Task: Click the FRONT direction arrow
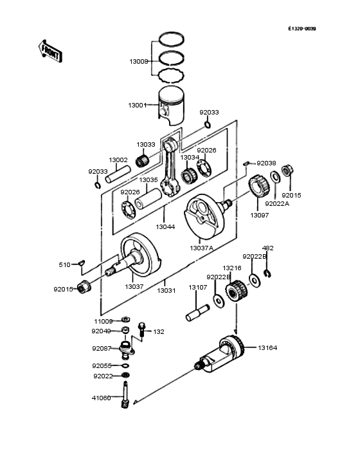50,51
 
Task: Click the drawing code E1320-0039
301,29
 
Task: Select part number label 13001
138,105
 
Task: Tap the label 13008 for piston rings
139,62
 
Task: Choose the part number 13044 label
165,227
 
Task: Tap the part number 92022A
277,203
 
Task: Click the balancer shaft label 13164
267,348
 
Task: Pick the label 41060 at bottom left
101,398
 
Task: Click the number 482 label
267,248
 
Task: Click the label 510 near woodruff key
64,264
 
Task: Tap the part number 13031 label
166,290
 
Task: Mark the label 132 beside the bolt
158,332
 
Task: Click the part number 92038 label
266,163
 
